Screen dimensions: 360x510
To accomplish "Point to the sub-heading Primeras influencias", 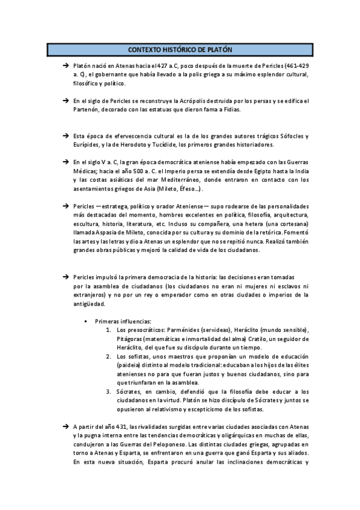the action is (124, 321).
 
